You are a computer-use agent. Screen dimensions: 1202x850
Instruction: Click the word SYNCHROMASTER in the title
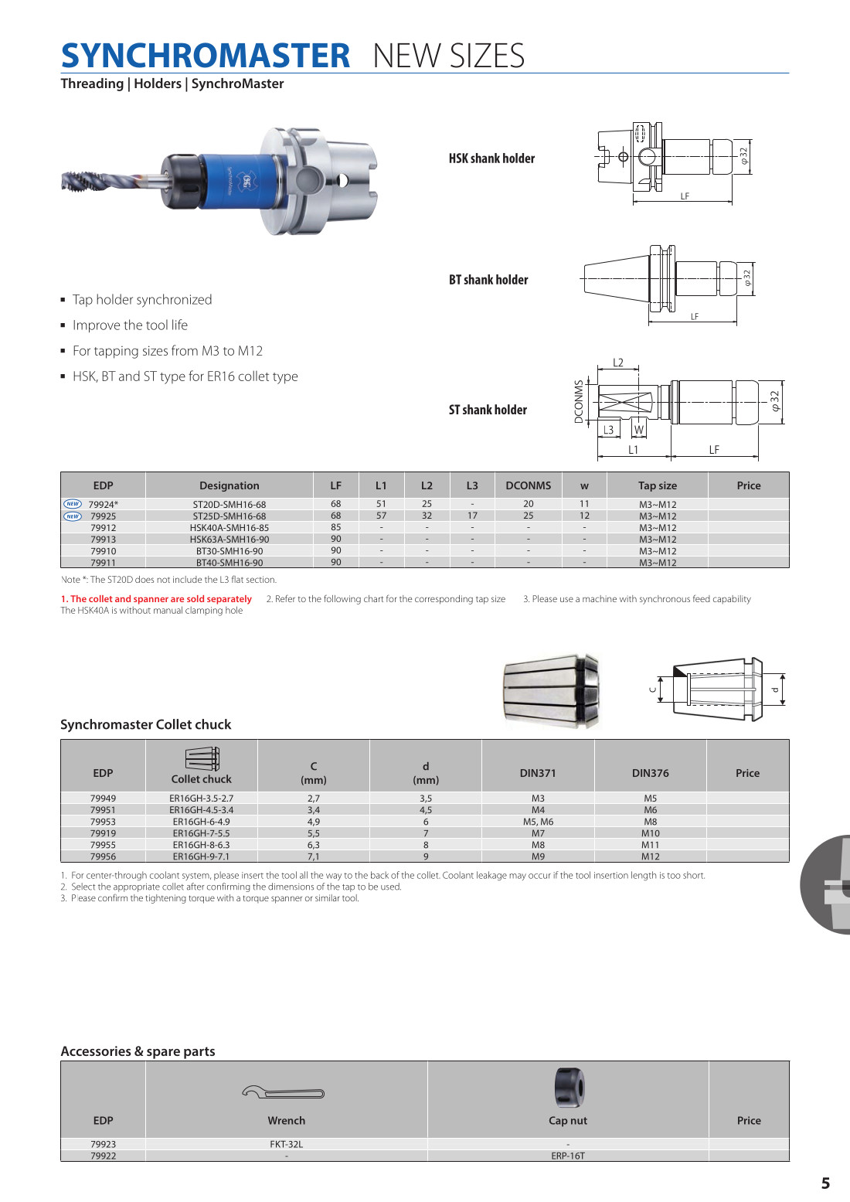[x=206, y=56]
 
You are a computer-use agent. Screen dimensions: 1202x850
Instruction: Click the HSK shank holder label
[x=491, y=158]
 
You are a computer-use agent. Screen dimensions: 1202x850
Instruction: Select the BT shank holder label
[x=488, y=280]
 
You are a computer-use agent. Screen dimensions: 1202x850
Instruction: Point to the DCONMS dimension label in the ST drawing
[x=579, y=401]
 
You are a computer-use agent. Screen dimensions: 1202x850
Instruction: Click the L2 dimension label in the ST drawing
[x=618, y=363]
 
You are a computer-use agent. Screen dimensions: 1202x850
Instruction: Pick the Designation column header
[x=229, y=485]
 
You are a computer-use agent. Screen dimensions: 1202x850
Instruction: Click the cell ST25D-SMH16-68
[x=229, y=516]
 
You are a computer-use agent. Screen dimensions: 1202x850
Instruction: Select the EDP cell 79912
[x=103, y=528]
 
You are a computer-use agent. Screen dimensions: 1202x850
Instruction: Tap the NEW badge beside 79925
[x=73, y=516]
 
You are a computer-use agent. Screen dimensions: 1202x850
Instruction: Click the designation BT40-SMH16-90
[x=229, y=563]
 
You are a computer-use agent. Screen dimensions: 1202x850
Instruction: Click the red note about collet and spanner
[x=156, y=599]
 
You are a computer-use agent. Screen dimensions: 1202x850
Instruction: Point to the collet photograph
[x=551, y=690]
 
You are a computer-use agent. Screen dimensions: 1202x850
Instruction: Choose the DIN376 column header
[x=650, y=773]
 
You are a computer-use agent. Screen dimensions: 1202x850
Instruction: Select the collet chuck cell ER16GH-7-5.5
[x=201, y=833]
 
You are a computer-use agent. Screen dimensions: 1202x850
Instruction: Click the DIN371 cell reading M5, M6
[x=538, y=822]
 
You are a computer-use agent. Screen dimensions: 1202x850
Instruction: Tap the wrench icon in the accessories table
[x=283, y=1093]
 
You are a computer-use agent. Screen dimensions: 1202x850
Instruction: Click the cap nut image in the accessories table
[x=569, y=1088]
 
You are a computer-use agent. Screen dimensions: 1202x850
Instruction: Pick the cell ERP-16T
[x=568, y=1156]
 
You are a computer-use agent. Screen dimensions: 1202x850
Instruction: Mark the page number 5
[x=825, y=1183]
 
